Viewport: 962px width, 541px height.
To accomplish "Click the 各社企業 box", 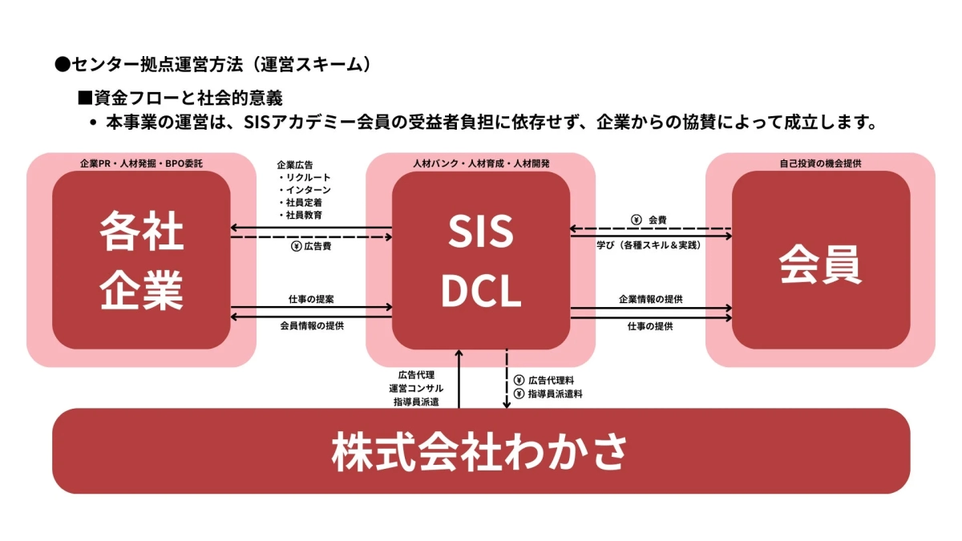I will (141, 260).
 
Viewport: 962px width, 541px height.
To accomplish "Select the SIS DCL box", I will (481, 260).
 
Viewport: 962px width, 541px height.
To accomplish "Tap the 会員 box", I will (820, 260).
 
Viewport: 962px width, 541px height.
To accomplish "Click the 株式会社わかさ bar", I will (481, 451).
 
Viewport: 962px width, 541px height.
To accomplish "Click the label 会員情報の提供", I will (312, 326).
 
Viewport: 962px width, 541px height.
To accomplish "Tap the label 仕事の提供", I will (651, 326).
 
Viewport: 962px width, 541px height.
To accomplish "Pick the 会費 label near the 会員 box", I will (657, 219).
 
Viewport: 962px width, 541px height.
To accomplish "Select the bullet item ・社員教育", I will (301, 216).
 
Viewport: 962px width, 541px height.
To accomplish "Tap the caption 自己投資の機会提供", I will (820, 164).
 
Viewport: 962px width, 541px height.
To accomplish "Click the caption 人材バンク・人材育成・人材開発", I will (481, 164).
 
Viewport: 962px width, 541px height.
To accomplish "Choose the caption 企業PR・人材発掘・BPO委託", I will (141, 164).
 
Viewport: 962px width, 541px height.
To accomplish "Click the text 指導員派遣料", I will (555, 394).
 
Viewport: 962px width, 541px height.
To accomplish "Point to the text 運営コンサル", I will (415, 388).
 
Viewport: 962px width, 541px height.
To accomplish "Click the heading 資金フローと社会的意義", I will (188, 99).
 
